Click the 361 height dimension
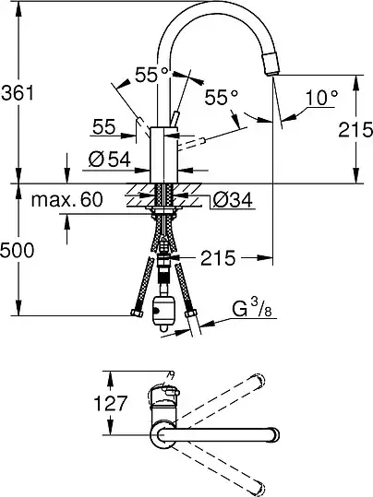coord(18,93)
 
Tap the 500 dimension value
coord(17,251)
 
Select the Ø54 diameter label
coord(110,159)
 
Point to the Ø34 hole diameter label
coord(233,200)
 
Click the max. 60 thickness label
coord(67,199)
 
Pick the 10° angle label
coord(321,97)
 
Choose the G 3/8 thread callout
coord(252,308)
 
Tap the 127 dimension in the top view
coord(111,403)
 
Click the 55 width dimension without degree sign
coord(104,127)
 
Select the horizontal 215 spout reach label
coord(218,257)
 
